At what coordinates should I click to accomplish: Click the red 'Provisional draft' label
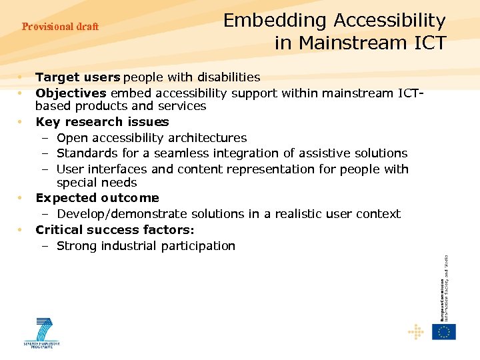(60, 27)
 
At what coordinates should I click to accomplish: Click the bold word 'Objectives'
(71, 93)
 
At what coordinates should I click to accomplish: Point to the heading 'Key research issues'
(102, 122)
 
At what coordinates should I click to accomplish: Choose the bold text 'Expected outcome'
(97, 198)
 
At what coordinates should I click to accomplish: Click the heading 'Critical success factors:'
(115, 230)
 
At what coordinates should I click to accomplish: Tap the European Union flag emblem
(444, 331)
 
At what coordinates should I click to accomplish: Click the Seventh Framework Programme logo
(42, 333)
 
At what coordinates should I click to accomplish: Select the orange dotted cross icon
(415, 331)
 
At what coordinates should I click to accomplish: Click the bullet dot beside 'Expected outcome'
(21, 198)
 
